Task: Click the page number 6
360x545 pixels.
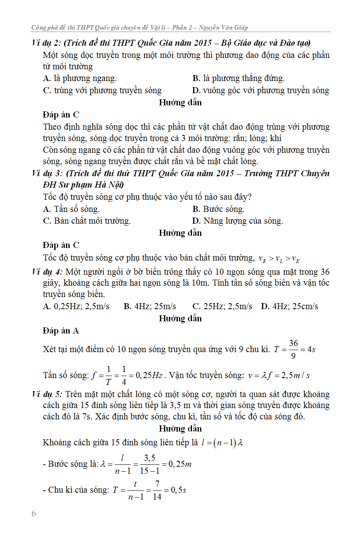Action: coord(34,514)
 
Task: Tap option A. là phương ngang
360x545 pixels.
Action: coord(80,78)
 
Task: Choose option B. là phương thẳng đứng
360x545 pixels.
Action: coord(239,78)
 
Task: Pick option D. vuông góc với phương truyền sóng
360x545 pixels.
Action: coord(261,90)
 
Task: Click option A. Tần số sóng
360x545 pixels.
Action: coord(71,209)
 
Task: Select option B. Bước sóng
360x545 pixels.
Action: coord(219,209)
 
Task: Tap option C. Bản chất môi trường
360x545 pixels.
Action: coord(87,221)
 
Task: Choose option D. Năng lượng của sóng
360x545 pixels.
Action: coord(238,221)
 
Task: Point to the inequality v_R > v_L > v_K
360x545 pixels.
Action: coord(279,259)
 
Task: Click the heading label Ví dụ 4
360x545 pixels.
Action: coord(47,271)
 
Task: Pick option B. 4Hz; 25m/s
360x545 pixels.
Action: coord(150,306)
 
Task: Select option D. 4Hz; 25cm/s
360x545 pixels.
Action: coord(290,306)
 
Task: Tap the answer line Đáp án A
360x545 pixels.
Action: coord(61,331)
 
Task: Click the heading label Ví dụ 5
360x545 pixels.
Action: coord(47,394)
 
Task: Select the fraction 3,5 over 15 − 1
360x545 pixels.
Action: coord(150,464)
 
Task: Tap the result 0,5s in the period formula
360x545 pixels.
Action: coord(178,490)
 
